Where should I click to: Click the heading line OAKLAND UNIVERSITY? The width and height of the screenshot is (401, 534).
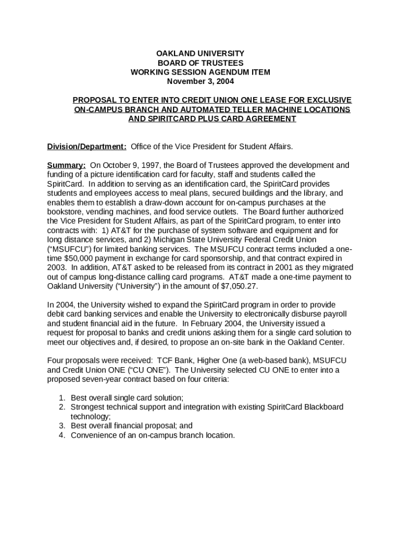pos(200,53)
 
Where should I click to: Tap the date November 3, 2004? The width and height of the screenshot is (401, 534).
pos(200,81)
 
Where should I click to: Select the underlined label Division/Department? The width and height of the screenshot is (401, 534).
pos(87,147)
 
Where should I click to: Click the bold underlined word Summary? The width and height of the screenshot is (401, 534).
pos(67,165)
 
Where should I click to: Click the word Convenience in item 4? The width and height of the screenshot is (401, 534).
pos(95,435)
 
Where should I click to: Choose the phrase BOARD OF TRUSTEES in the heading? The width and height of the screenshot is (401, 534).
pos(200,63)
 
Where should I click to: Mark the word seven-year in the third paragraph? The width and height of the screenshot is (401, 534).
pos(97,379)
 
